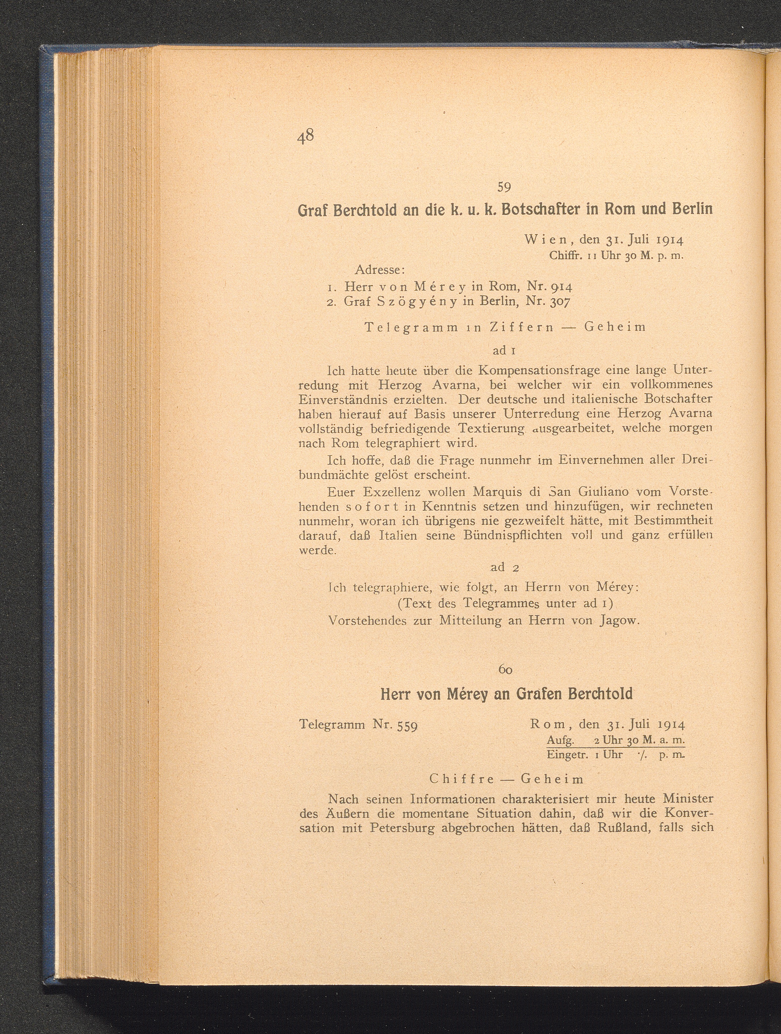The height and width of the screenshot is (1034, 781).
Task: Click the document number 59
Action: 504,187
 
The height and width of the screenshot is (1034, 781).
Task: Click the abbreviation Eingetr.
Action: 564,755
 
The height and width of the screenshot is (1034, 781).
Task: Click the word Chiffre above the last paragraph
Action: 461,779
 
